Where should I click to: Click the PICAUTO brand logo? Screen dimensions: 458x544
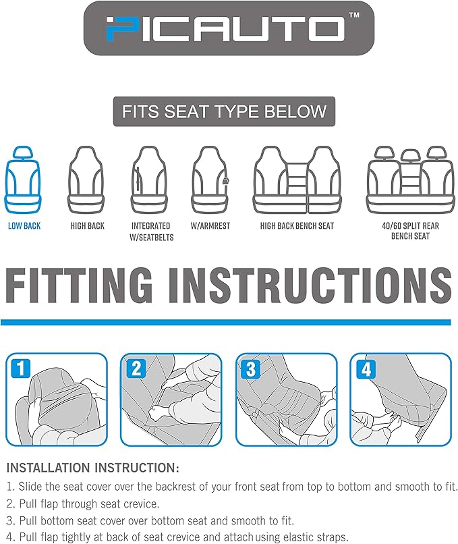coord(229,28)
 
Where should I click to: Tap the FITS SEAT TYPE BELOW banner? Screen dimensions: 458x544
coord(225,111)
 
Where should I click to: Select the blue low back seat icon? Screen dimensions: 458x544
coord(23,180)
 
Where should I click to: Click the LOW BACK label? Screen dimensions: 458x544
coord(24,226)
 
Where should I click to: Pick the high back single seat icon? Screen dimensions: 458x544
coord(86,180)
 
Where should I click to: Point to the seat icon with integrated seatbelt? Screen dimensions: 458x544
coord(149,180)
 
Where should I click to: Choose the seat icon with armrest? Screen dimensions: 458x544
coord(210,180)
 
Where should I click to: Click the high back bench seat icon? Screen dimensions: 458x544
coord(297,180)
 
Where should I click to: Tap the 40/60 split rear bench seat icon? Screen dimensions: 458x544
coord(410,180)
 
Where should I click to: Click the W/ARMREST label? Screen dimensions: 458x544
coord(210,226)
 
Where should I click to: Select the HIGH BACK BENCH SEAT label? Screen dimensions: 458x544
coord(297,226)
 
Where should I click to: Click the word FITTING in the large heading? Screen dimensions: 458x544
coord(79,285)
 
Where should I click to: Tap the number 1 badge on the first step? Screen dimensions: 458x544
coord(21,369)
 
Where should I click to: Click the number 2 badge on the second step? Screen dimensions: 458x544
coord(136,369)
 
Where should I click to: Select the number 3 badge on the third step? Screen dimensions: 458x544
coord(251,369)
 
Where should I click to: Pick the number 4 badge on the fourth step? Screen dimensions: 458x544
coord(366,369)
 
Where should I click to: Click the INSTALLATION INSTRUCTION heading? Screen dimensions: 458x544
coord(93,468)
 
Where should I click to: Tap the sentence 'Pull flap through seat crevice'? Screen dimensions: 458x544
coord(89,504)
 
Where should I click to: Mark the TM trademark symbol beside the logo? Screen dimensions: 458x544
coord(353,16)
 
